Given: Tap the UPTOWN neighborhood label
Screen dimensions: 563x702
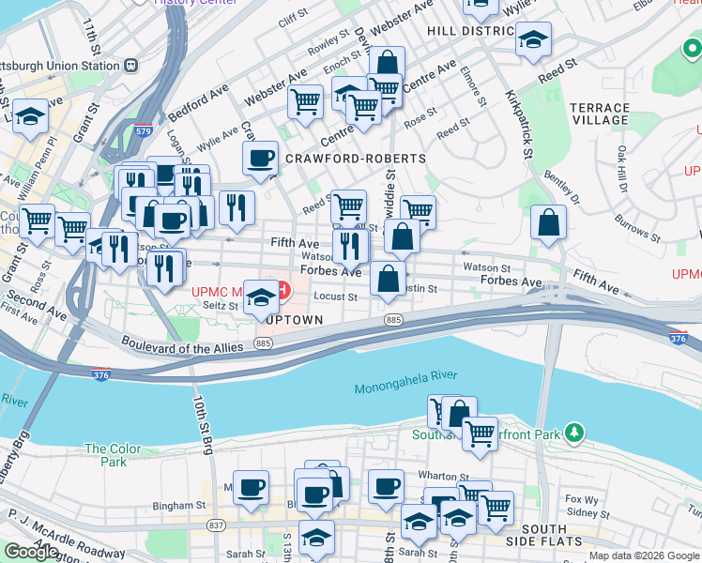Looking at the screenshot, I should coord(293,320).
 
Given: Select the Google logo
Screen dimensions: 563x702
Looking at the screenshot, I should coord(31,552).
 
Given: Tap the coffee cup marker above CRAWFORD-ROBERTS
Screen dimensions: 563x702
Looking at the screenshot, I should coord(260,158).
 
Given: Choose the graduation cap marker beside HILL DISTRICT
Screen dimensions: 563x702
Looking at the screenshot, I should coord(533,38).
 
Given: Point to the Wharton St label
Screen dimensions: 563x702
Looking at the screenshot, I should coord(444,478).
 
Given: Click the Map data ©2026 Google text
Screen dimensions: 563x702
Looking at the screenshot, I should coord(643,555).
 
